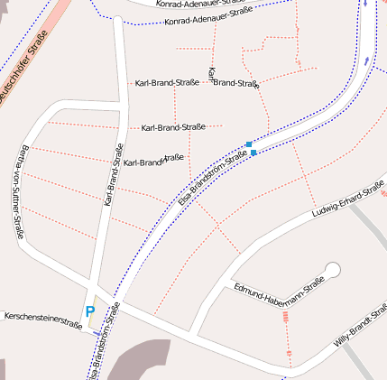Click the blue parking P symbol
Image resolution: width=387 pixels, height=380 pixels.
click(89, 311)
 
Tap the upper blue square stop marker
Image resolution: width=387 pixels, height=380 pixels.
click(249, 144)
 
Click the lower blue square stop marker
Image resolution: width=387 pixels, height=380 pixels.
click(253, 153)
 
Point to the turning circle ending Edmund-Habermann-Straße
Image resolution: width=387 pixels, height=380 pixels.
click(332, 269)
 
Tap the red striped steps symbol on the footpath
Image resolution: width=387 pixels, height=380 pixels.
click(287, 317)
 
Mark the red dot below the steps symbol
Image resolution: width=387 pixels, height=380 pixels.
click(290, 351)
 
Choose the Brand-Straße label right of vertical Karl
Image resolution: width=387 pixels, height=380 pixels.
click(236, 83)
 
